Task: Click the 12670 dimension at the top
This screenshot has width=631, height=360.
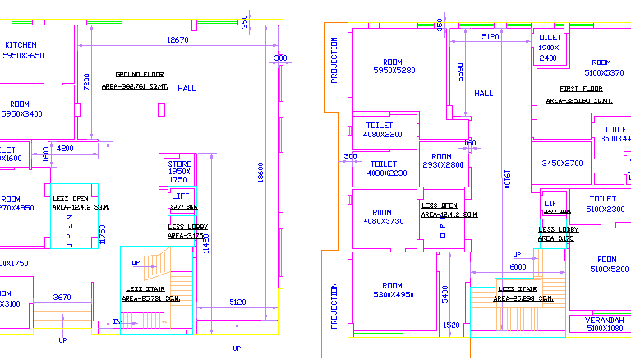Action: [177, 39]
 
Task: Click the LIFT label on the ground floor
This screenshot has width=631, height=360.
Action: [181, 196]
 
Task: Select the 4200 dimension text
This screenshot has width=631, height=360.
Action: [66, 149]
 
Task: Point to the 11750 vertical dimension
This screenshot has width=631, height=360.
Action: [104, 235]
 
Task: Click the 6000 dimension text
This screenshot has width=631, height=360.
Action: [517, 267]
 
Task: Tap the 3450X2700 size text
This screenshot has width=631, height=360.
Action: [562, 164]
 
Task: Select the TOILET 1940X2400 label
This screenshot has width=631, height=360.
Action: [548, 48]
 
